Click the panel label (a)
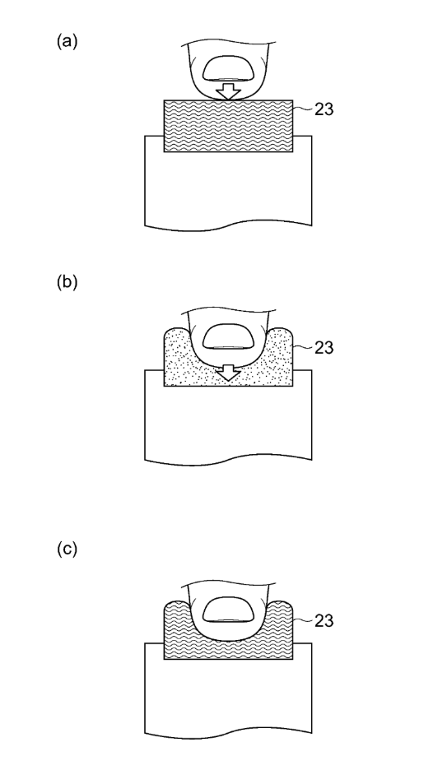(x=67, y=41)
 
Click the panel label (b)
(x=67, y=282)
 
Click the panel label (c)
(x=67, y=549)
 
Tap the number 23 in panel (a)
(x=324, y=109)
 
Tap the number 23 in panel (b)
(x=324, y=348)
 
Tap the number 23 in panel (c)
(x=324, y=621)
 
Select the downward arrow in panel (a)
(x=229, y=91)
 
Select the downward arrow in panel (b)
(x=229, y=373)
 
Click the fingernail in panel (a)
(x=229, y=68)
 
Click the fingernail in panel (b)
(x=229, y=336)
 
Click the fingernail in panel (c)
(x=229, y=610)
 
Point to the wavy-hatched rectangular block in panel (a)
(x=229, y=126)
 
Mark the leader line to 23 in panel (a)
(x=303, y=109)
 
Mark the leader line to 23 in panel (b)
(x=303, y=348)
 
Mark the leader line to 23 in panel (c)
(x=303, y=621)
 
